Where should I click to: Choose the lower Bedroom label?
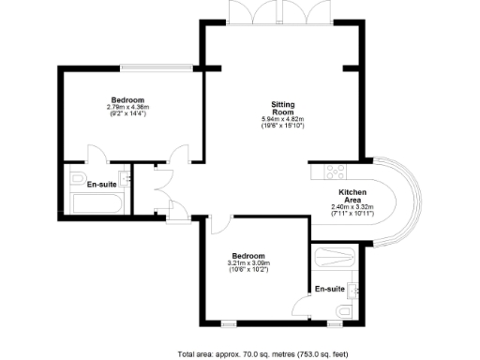pos(248,255)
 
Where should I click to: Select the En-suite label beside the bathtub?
pos(102,185)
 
